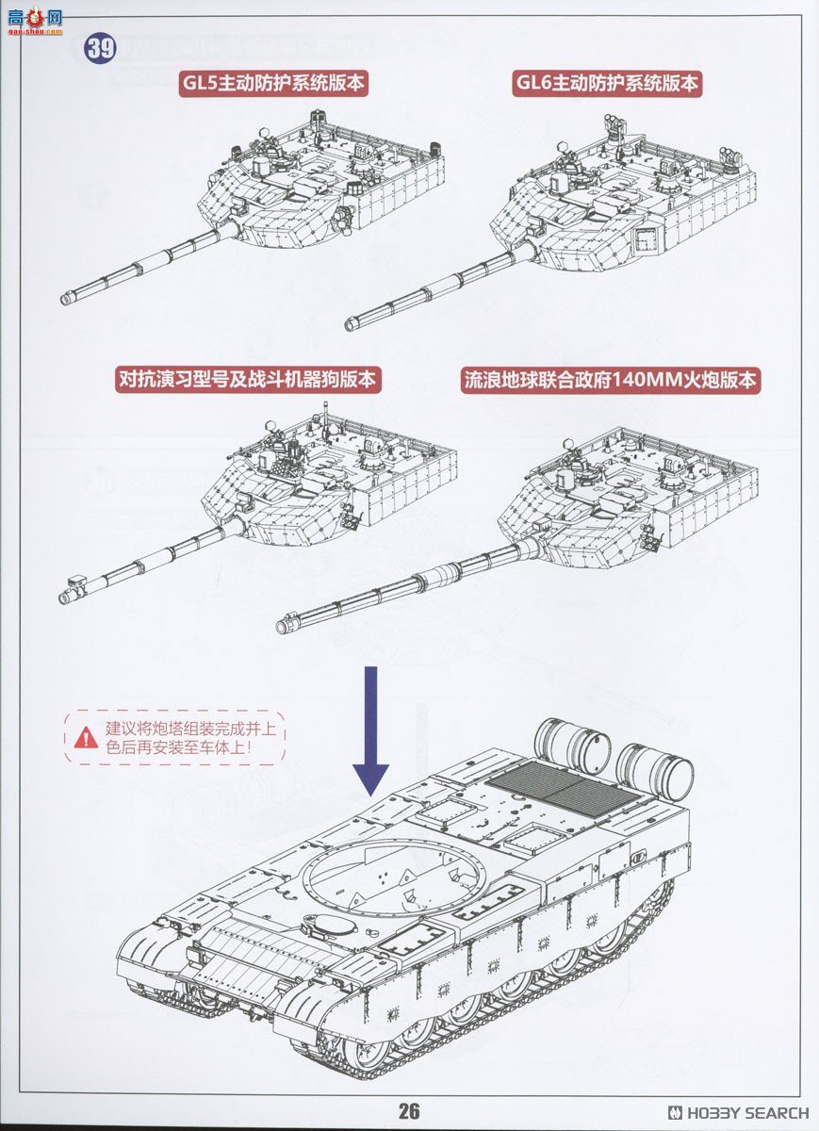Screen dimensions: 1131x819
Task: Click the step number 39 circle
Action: pos(101,48)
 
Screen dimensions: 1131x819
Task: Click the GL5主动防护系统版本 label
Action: pos(273,83)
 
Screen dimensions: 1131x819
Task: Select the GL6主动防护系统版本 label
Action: pos(608,83)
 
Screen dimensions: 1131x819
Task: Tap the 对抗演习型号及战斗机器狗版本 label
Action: pos(247,380)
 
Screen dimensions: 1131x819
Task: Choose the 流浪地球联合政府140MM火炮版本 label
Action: pos(611,380)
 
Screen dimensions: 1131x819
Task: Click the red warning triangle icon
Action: pos(86,737)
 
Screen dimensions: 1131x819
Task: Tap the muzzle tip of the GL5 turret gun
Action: pos(66,299)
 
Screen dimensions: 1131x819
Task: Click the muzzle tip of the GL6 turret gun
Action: pos(351,324)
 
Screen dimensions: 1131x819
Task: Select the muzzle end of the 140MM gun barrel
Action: pos(285,625)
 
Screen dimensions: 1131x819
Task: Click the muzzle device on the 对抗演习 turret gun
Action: pos(69,597)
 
